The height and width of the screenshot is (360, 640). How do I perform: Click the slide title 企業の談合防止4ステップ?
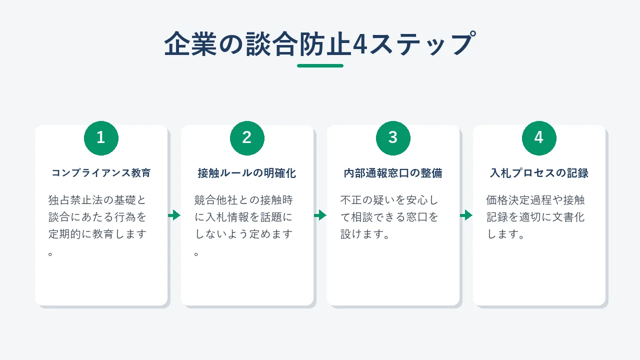[x=320, y=43]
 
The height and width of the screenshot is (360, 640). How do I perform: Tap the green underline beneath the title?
[x=320, y=65]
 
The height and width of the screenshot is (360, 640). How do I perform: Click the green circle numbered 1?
[x=101, y=138]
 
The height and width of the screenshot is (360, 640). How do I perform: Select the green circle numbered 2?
[x=247, y=138]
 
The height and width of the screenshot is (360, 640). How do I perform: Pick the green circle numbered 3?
[x=393, y=138]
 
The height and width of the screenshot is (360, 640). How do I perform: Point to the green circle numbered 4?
[x=539, y=138]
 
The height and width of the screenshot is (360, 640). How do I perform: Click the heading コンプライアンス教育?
[x=101, y=173]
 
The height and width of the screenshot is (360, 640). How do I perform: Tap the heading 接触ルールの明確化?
[x=247, y=173]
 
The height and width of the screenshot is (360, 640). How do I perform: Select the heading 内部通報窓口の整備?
[x=393, y=173]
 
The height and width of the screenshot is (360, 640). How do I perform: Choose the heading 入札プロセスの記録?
[x=539, y=173]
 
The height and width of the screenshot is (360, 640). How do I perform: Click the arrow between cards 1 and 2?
[x=174, y=215]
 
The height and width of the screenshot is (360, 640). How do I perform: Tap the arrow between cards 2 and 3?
[x=320, y=215]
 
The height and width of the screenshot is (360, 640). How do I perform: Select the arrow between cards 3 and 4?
[x=466, y=215]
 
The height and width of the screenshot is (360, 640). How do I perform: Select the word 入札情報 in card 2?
[x=227, y=217]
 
